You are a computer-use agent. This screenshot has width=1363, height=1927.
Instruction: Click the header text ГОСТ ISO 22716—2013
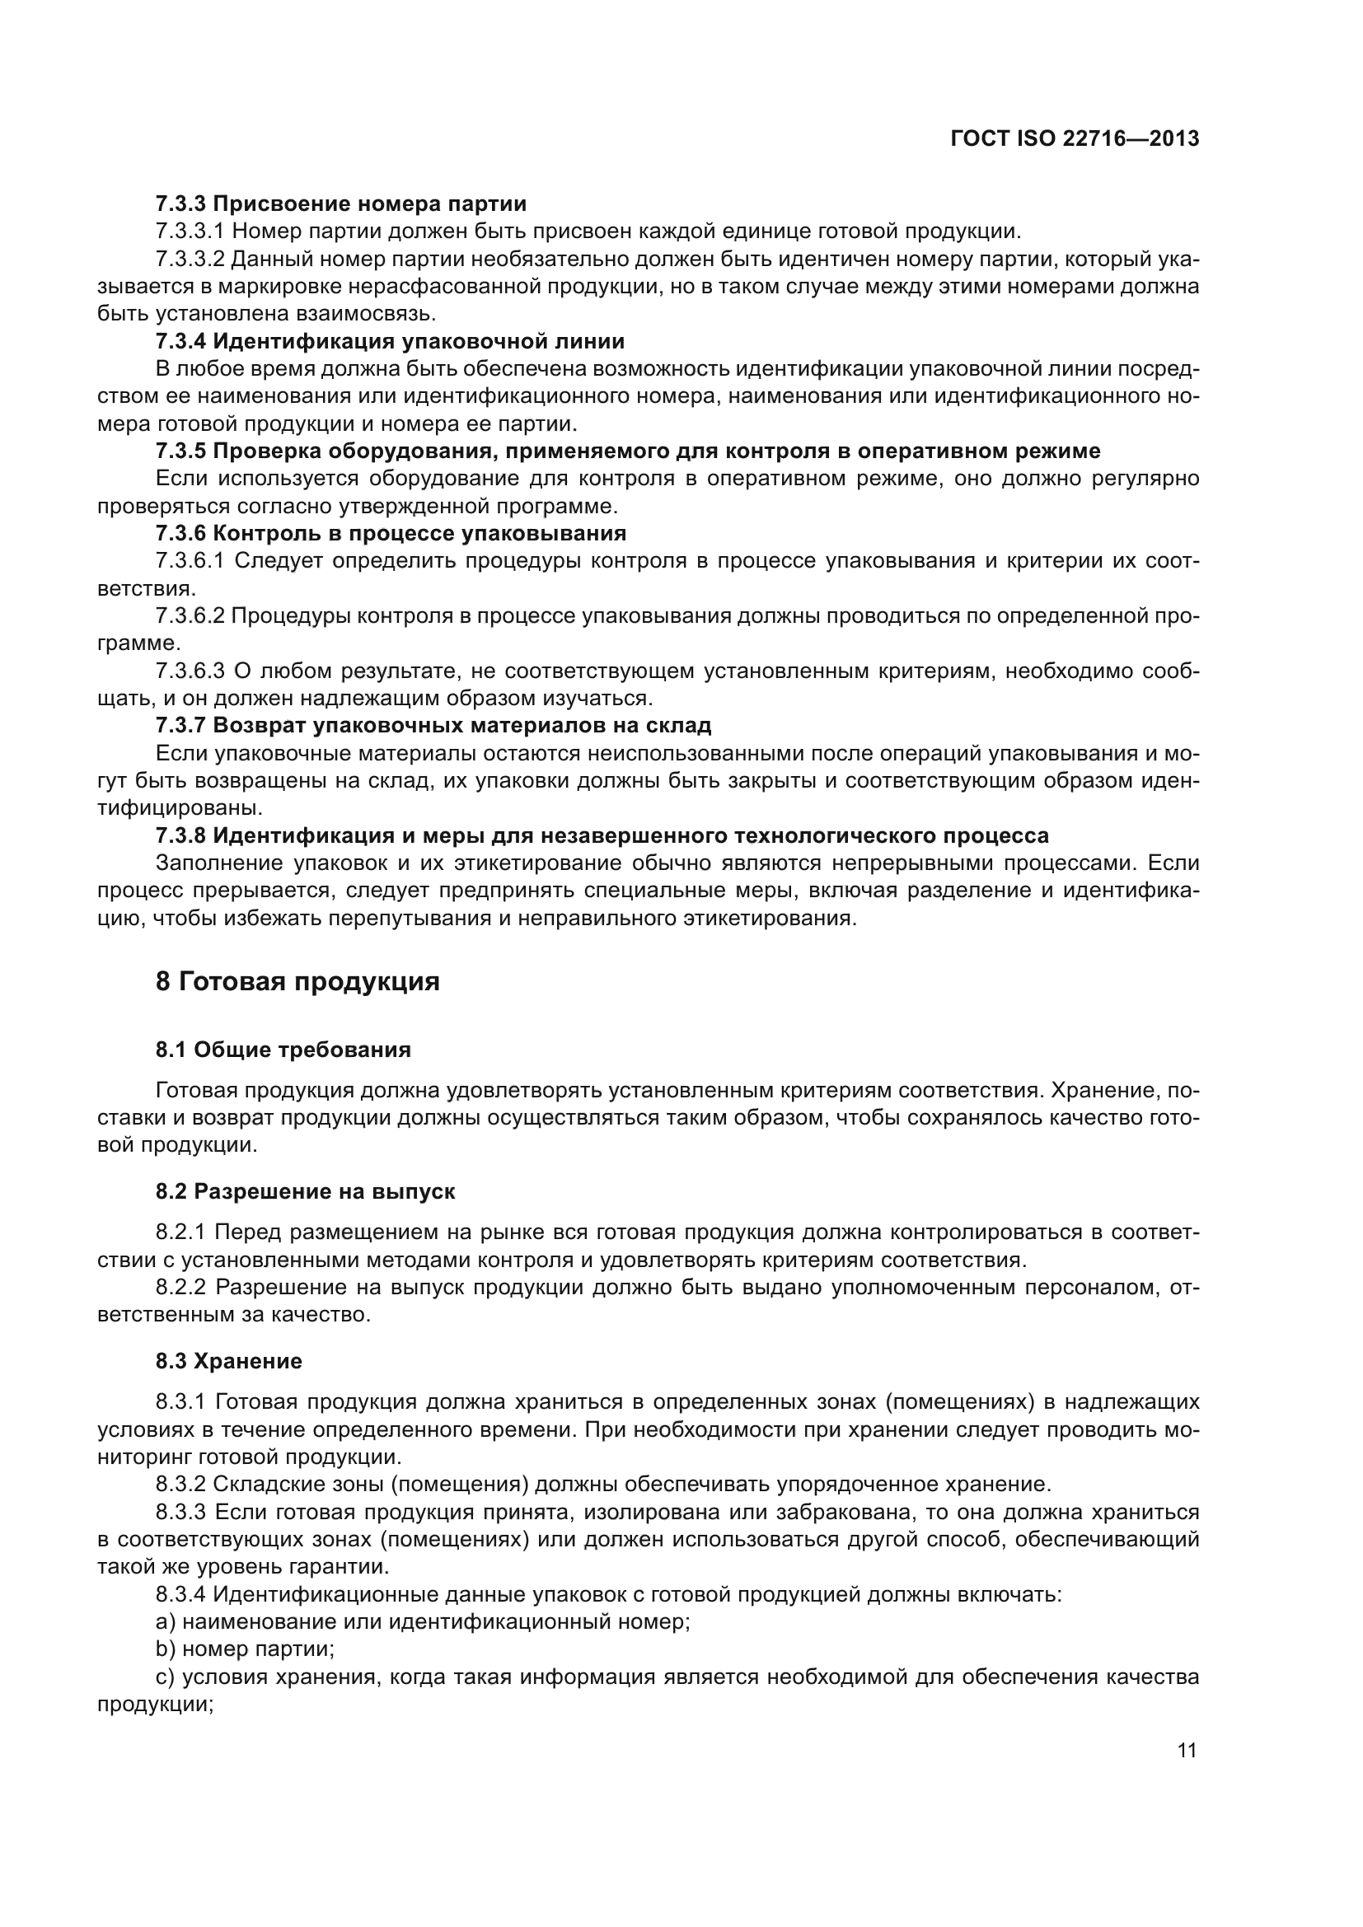[x=1075, y=138]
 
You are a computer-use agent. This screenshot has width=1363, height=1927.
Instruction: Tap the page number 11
[x=1187, y=1750]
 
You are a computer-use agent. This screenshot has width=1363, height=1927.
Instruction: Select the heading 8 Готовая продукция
[x=297, y=981]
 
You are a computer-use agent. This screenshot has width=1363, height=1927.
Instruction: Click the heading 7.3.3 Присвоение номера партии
[x=341, y=203]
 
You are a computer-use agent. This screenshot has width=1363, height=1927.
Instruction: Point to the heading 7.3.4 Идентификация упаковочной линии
[x=390, y=341]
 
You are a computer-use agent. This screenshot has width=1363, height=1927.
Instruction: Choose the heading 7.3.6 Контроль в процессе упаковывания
[x=391, y=533]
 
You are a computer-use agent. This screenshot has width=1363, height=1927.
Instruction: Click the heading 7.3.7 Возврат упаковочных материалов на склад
[x=433, y=724]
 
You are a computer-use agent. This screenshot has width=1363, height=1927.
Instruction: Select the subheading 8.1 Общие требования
[x=283, y=1050]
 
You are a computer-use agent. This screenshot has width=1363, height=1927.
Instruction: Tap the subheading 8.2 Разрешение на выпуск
[x=305, y=1191]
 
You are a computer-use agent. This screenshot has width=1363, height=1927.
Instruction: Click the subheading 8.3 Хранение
[x=228, y=1360]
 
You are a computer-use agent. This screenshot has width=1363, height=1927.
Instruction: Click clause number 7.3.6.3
[x=190, y=671]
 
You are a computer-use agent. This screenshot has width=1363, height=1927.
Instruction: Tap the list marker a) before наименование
[x=165, y=1621]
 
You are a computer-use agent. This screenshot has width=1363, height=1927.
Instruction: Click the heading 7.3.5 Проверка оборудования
[x=627, y=451]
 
